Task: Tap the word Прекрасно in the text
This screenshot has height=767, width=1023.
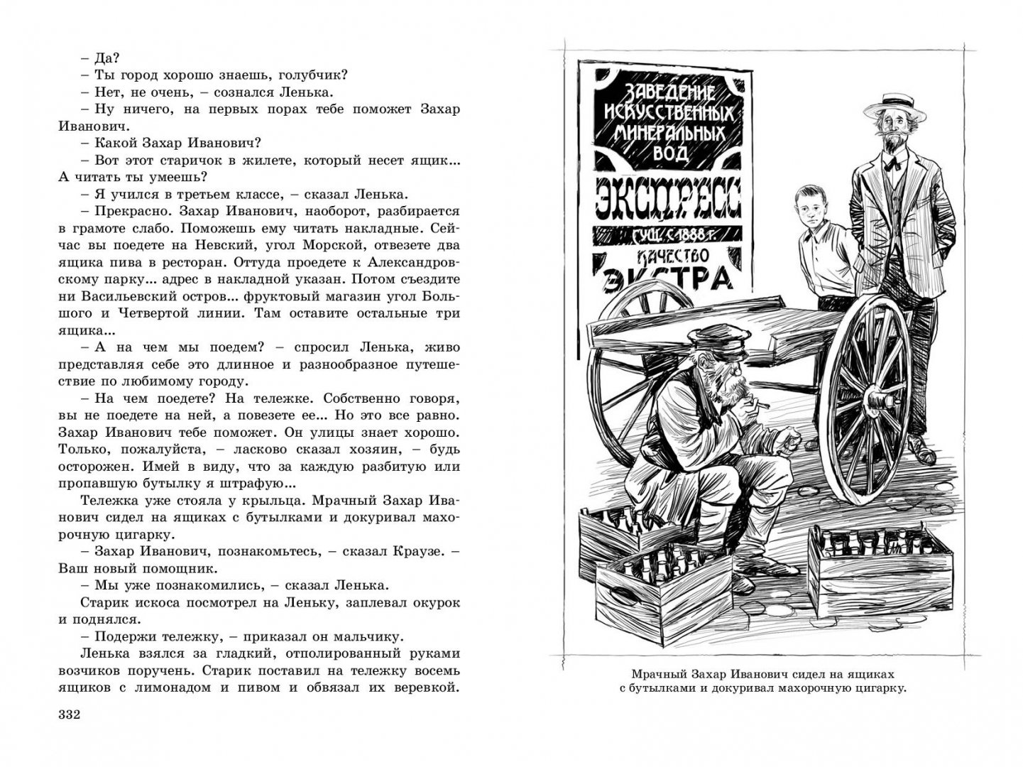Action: click(128, 212)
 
